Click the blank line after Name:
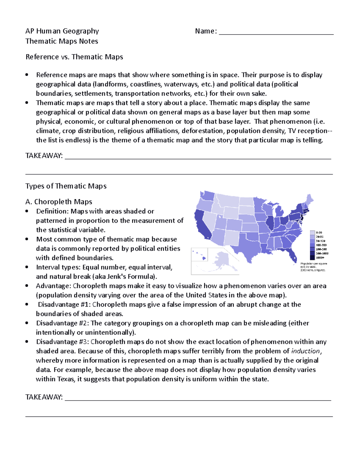[276, 32]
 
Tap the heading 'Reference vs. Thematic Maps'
[74, 57]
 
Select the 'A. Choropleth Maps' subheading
[59, 202]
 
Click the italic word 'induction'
[306, 351]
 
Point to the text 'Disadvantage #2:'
[62, 323]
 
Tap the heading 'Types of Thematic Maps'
[66, 186]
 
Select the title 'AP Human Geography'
[62, 31]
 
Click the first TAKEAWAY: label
[44, 156]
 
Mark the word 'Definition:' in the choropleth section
[52, 211]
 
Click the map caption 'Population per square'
[314, 264]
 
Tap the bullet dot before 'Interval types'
[27, 267]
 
